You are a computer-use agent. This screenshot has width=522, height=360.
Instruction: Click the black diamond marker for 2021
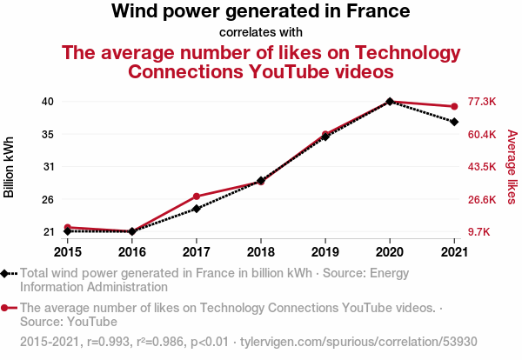tap(454, 122)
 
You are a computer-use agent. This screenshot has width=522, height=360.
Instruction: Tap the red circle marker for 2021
tap(454, 106)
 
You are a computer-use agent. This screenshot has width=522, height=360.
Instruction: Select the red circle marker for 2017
tap(197, 197)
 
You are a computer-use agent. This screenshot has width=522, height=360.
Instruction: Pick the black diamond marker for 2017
tap(197, 209)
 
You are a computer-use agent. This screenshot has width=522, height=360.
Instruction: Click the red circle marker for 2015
tap(68, 227)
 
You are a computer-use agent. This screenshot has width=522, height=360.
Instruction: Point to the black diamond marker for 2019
tap(325, 137)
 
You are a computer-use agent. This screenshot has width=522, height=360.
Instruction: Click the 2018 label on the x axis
tap(261, 252)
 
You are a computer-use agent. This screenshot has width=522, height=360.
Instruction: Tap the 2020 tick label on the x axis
tap(390, 252)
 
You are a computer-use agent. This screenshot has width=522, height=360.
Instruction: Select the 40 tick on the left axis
tap(48, 101)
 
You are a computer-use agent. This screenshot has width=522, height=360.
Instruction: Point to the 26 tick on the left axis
tap(48, 200)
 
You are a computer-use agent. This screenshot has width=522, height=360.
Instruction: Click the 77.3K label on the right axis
tap(482, 101)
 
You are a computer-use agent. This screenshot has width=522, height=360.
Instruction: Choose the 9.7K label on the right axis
tap(478, 232)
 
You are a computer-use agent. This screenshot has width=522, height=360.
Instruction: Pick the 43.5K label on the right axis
tap(482, 166)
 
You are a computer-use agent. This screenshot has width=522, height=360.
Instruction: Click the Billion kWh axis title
tap(9, 167)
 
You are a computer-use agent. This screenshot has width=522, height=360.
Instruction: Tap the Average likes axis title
tap(512, 167)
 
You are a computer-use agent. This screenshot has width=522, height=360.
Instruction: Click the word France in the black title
tap(378, 11)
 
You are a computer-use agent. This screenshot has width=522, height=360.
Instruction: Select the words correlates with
tap(261, 32)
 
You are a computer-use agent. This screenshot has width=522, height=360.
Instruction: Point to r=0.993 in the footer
tap(108, 342)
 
